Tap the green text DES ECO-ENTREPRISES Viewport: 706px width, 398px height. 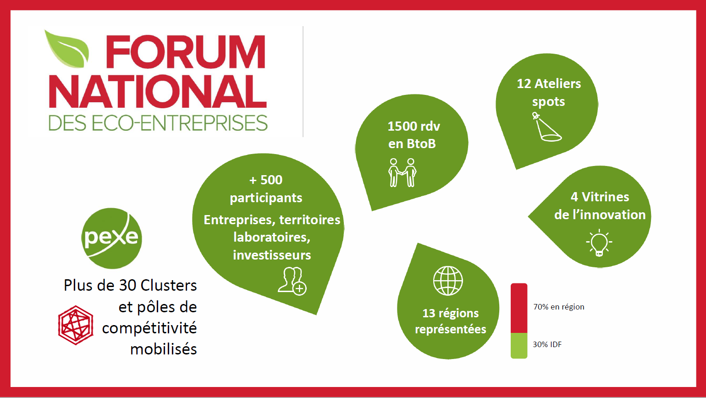click(x=158, y=123)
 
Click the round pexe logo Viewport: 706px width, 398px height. click(x=112, y=238)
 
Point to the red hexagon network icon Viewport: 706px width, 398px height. click(x=76, y=325)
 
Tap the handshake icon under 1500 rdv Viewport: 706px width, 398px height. click(x=402, y=172)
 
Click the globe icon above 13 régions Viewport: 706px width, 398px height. click(x=448, y=281)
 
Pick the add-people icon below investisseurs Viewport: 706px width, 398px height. click(x=292, y=280)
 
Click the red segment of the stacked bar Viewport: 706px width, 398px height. click(x=519, y=308)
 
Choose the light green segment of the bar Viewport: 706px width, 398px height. click(x=519, y=345)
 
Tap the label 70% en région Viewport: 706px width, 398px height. click(x=558, y=307)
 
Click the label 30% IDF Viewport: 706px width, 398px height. click(x=547, y=344)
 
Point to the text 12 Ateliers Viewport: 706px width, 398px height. click(x=548, y=83)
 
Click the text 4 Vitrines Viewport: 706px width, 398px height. click(x=600, y=197)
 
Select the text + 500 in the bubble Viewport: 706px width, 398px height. click(x=266, y=180)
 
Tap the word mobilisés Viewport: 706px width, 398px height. click(x=164, y=349)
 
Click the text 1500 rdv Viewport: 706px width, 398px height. click(x=414, y=126)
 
